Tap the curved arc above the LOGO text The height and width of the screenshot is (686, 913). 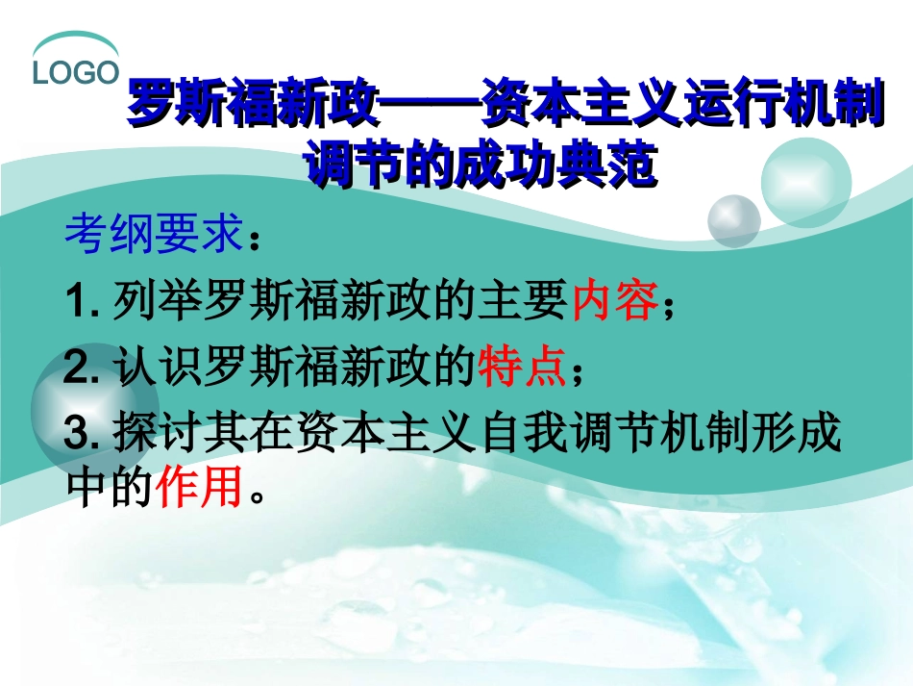coord(75,43)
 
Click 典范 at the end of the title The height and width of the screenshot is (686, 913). coord(611,163)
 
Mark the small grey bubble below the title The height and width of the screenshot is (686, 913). coord(733,220)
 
